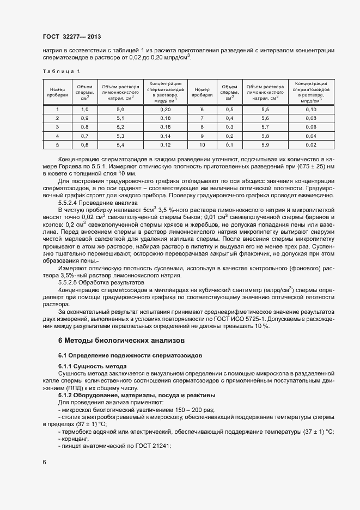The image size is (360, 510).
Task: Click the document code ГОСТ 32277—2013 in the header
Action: pyautogui.click(x=72, y=36)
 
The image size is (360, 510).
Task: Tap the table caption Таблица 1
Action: pyautogui.click(x=61, y=71)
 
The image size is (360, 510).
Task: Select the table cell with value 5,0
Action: pyautogui.click(x=120, y=110)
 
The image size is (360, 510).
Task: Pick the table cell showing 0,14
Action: pyautogui.click(x=166, y=136)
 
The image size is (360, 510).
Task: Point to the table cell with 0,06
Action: pyautogui.click(x=311, y=127)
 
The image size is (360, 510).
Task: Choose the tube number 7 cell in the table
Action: pyautogui.click(x=202, y=118)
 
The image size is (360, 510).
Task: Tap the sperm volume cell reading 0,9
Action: pyautogui.click(x=84, y=118)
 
